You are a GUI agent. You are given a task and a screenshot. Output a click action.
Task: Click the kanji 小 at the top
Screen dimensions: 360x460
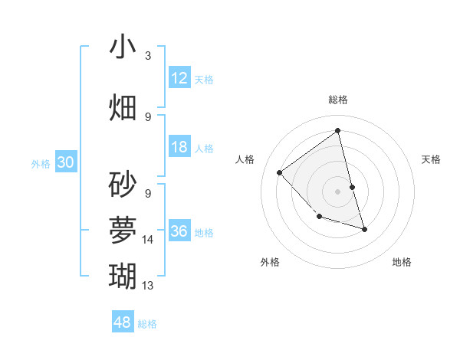pos(123,47)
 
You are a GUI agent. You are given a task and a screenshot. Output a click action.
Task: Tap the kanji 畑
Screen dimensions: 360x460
pos(123,107)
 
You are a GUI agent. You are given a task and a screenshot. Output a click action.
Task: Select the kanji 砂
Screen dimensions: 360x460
pos(123,185)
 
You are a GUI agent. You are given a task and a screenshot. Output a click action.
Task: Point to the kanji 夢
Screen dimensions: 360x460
pos(123,229)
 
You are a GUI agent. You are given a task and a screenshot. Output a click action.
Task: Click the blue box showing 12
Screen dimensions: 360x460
pos(179,78)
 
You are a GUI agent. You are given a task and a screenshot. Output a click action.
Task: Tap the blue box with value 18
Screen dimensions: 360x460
pos(179,147)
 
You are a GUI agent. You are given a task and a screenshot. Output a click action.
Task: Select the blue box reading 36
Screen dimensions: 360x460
pos(179,231)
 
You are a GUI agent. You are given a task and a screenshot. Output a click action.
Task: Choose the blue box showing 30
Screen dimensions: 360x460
pos(66,162)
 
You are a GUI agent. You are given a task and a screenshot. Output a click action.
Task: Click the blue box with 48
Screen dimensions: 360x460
pos(123,322)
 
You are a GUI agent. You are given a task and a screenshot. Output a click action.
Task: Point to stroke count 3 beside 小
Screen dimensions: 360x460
pos(148,56)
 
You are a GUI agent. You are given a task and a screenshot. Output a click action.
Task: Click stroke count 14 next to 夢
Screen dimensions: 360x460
pos(148,240)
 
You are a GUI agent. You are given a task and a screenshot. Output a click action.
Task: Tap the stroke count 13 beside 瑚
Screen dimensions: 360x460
pos(148,286)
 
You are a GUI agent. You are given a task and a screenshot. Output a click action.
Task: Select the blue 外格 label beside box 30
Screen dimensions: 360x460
pos(41,163)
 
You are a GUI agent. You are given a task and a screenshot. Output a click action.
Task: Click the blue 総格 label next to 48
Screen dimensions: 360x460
pos(147,324)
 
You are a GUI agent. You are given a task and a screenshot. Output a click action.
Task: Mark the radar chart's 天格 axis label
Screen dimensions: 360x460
pos(432,159)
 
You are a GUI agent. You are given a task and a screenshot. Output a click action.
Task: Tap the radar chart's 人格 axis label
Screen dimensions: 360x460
pos(245,159)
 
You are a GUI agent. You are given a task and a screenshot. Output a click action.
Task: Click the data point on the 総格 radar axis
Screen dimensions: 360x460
pos(337,130)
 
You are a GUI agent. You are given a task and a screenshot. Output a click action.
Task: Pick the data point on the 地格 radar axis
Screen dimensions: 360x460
pos(364,229)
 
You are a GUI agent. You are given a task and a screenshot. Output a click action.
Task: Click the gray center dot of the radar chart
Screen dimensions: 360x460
pos(337,191)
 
